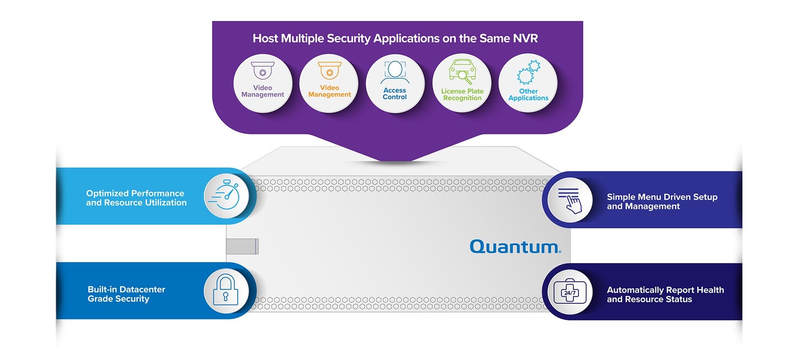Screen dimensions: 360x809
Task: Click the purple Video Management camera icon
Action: pyautogui.click(x=262, y=70)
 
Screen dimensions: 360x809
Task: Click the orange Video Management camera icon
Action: pyautogui.click(x=329, y=70)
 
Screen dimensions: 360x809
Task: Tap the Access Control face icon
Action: pyautogui.click(x=395, y=72)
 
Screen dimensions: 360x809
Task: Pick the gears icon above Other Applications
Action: pyautogui.click(x=528, y=72)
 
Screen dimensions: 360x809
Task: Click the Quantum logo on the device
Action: pyautogui.click(x=515, y=247)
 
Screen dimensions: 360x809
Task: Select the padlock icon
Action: pyautogui.click(x=226, y=290)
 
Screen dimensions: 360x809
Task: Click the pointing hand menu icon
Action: pyautogui.click(x=570, y=200)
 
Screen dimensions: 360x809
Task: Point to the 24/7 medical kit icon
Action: pyautogui.click(x=569, y=293)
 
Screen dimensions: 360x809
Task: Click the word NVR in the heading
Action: pyautogui.click(x=525, y=39)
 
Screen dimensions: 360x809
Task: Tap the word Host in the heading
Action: pyautogui.click(x=265, y=39)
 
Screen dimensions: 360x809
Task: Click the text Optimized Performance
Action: pyautogui.click(x=135, y=193)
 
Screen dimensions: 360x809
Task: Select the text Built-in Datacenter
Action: pyautogui.click(x=126, y=289)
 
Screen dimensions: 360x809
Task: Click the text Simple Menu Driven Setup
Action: pyautogui.click(x=662, y=197)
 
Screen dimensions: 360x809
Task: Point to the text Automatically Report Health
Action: pyautogui.click(x=665, y=290)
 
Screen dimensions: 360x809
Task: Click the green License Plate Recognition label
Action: pyautogui.click(x=462, y=94)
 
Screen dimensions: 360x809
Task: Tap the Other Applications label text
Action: pyautogui.click(x=528, y=94)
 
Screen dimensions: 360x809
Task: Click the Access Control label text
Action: pyautogui.click(x=395, y=93)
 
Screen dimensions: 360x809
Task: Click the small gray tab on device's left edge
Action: pyautogui.click(x=242, y=247)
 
